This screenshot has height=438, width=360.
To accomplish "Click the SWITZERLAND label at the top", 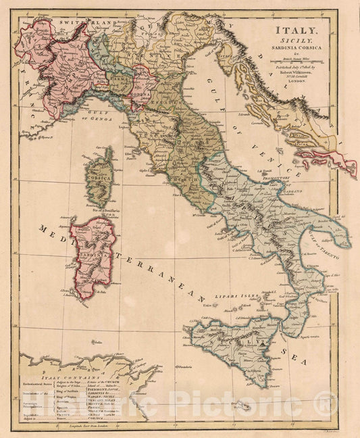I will [81, 22].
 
